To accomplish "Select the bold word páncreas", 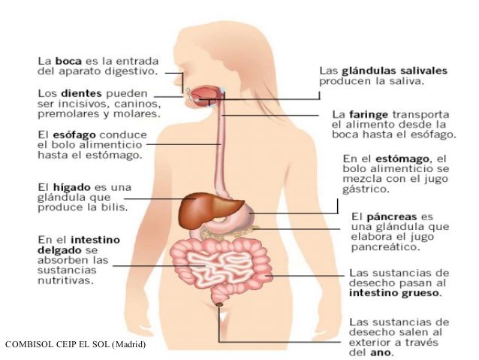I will click(390, 216).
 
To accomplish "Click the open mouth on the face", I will click(205, 95).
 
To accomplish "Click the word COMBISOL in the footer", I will click(28, 345).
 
